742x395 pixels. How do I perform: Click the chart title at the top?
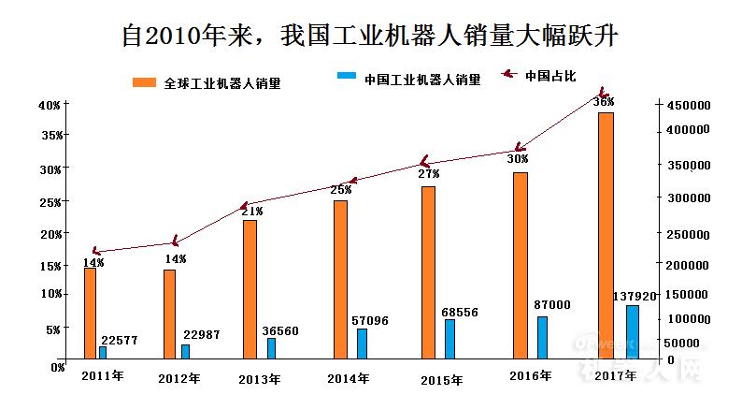click(x=371, y=35)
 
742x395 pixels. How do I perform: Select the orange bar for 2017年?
click(x=606, y=234)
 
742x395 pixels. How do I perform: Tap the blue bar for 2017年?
click(x=633, y=331)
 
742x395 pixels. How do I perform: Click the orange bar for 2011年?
click(x=90, y=313)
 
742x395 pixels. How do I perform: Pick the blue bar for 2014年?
click(x=362, y=343)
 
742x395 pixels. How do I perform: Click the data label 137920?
click(x=635, y=296)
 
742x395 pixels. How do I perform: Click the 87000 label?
click(x=552, y=305)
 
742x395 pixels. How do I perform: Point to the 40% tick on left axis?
click(x=50, y=105)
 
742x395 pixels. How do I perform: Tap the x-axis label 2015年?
click(x=441, y=380)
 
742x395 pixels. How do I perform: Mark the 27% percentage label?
click(x=428, y=174)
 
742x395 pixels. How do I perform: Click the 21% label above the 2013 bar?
click(x=251, y=212)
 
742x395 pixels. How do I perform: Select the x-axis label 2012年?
click(x=178, y=379)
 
